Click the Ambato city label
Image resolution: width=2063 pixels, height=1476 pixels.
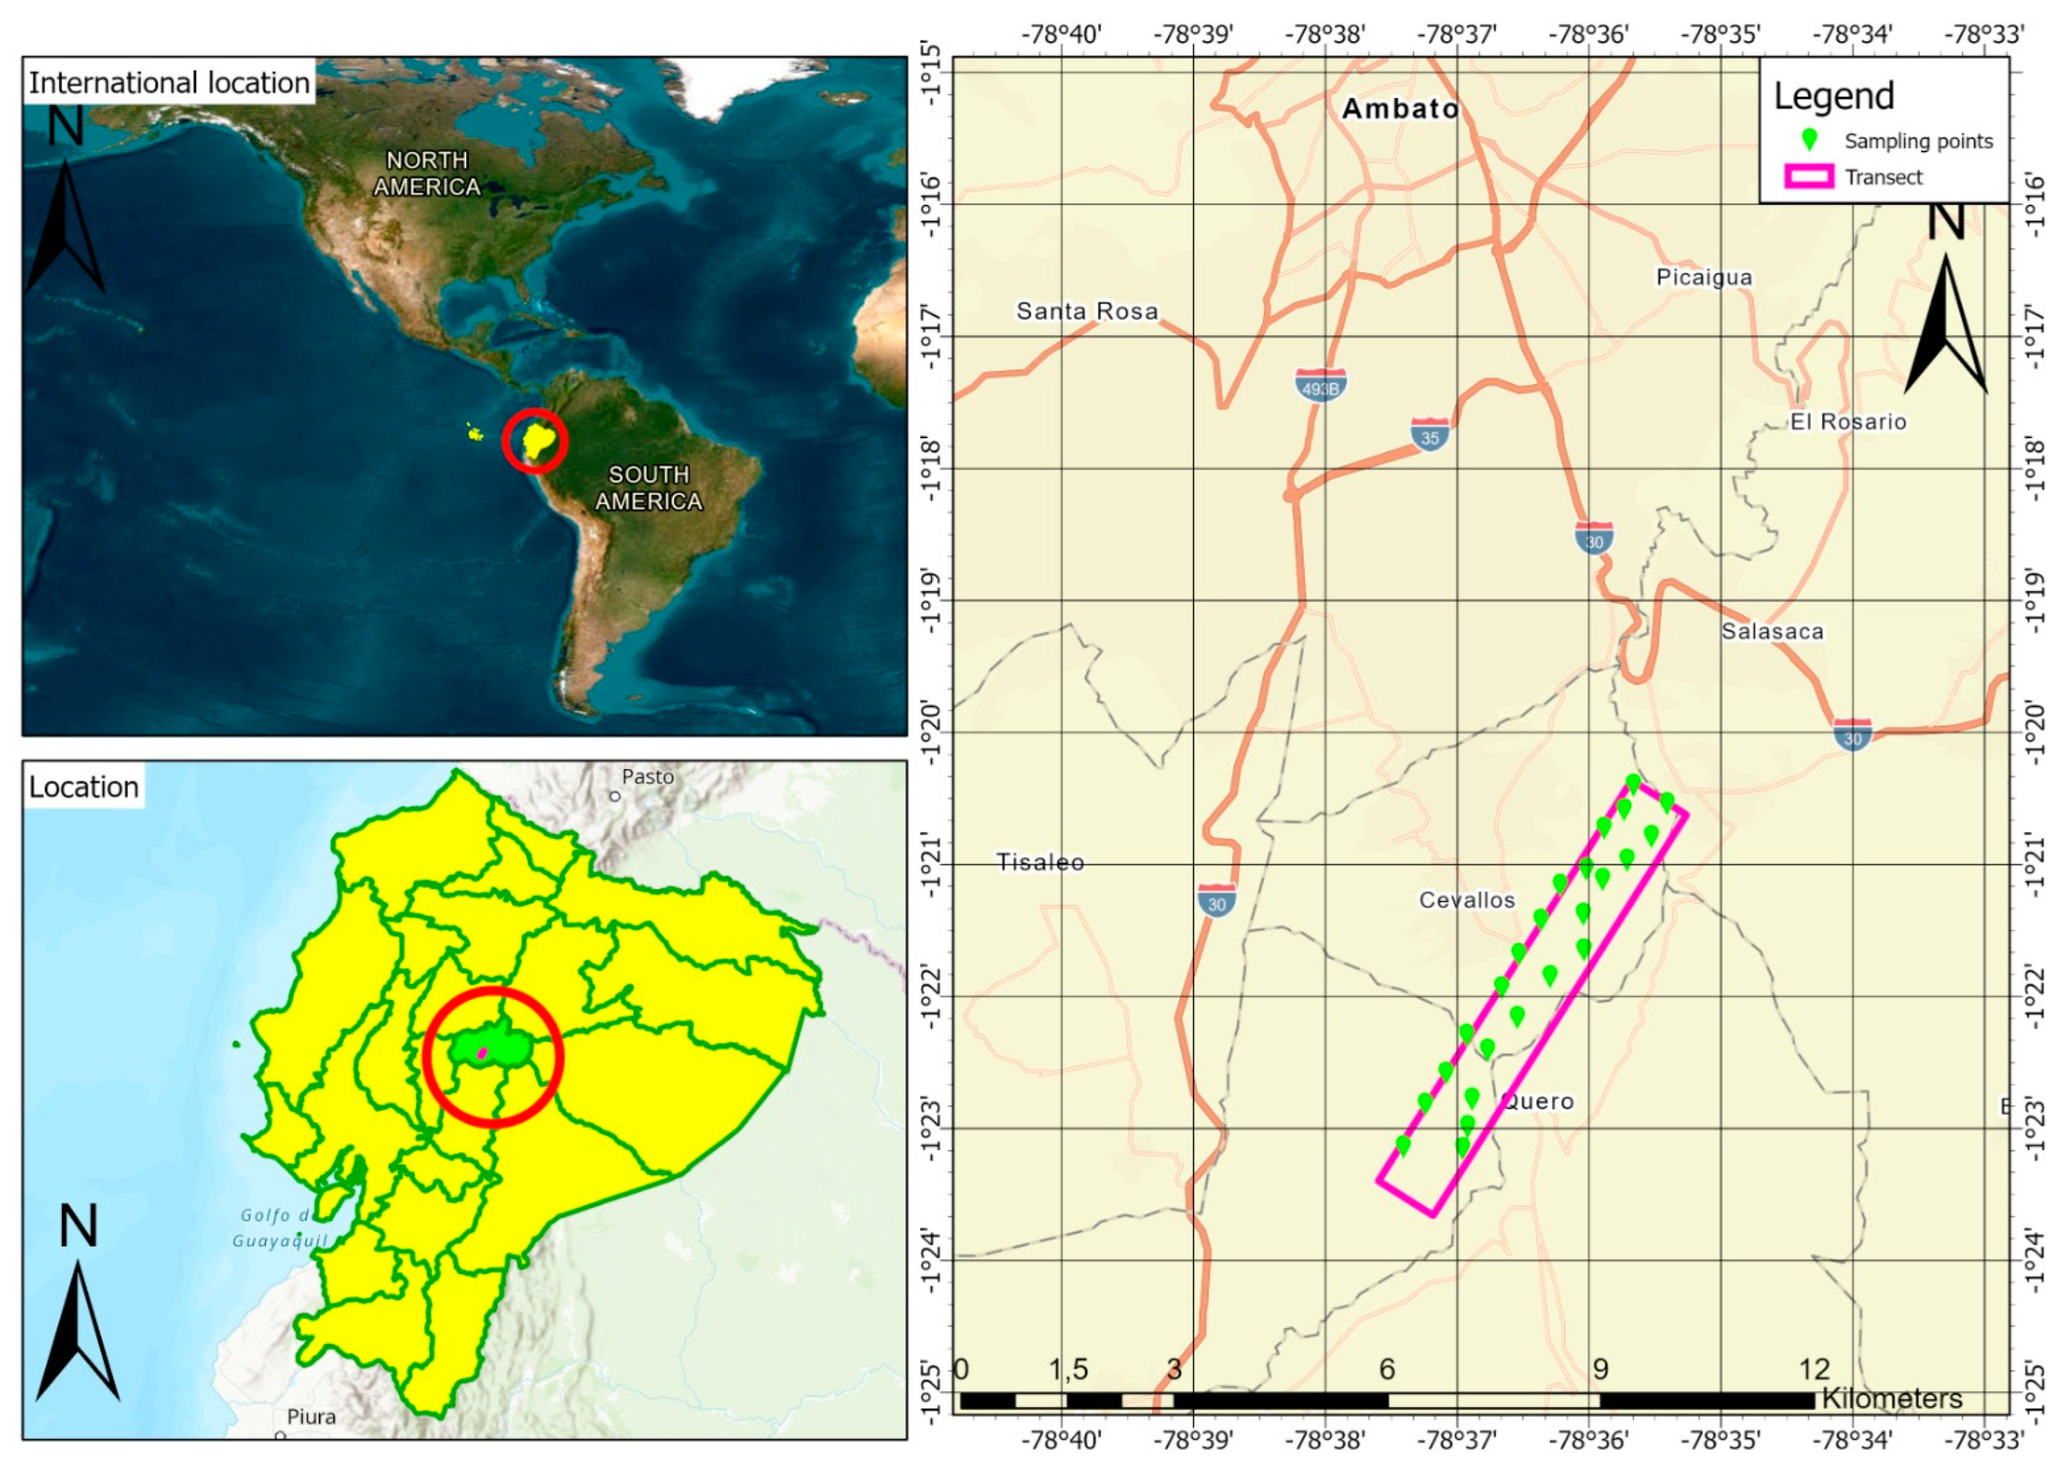click(1400, 109)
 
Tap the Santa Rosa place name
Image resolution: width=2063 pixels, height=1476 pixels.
click(1087, 311)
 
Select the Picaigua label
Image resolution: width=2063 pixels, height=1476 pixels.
click(1704, 277)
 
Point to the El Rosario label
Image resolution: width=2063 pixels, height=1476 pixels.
click(1847, 422)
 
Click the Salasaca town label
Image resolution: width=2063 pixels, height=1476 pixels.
click(1772, 631)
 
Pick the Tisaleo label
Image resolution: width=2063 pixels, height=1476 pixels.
click(1040, 862)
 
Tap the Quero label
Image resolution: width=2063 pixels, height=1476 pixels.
click(1538, 1102)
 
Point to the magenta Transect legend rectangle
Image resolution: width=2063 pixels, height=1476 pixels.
click(1809, 177)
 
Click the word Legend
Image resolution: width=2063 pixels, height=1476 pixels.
click(1834, 97)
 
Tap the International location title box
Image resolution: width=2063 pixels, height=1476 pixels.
click(169, 83)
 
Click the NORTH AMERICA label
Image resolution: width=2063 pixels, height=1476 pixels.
click(427, 174)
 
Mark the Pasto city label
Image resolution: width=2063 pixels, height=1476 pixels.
click(647, 777)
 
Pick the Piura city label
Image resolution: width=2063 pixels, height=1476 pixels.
click(311, 1417)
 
